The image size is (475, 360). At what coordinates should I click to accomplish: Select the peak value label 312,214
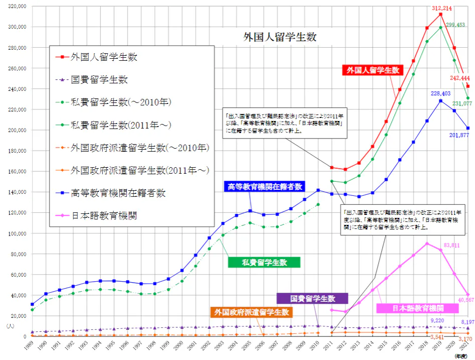coord(440,8)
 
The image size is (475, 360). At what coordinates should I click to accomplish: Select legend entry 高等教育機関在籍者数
coord(118,193)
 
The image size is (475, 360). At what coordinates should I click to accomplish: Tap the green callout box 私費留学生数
coord(264,262)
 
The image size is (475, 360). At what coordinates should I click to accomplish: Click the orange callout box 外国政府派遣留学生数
coord(252,312)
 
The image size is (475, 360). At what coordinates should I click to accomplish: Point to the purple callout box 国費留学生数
coord(312,298)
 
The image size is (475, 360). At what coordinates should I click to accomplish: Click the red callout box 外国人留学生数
coord(373,70)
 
